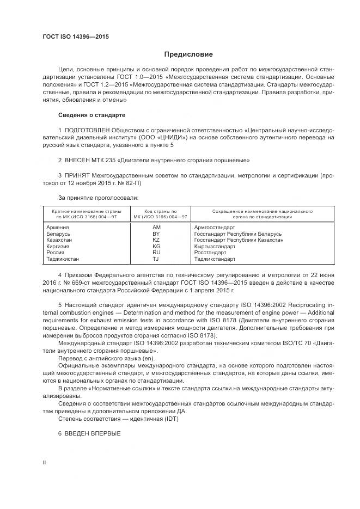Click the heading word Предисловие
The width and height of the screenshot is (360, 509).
[188, 54]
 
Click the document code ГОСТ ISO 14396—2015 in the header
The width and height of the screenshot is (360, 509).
[76, 36]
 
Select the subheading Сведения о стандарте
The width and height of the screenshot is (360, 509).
[91, 115]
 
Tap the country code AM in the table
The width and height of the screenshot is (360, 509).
[156, 226]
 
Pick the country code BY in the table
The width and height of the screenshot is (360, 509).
[156, 233]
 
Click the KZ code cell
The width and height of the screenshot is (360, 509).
[156, 240]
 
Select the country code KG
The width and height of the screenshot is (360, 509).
[156, 246]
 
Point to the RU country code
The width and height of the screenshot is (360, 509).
[156, 253]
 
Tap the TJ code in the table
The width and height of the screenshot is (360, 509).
[156, 259]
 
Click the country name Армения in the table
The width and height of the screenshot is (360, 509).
[58, 226]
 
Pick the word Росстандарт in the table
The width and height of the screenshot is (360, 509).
[210, 253]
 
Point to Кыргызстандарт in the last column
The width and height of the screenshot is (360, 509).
[214, 246]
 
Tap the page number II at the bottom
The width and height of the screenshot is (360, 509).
[44, 462]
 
